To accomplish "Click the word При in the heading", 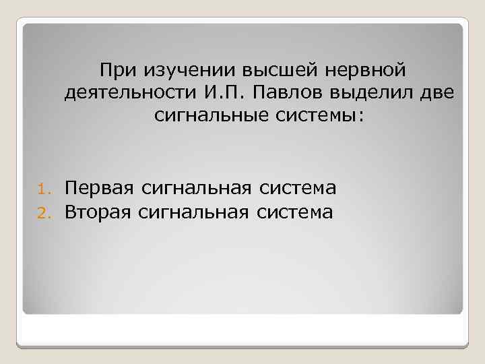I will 117,70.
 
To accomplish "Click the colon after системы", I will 360,117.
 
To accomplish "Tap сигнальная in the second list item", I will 189,213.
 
